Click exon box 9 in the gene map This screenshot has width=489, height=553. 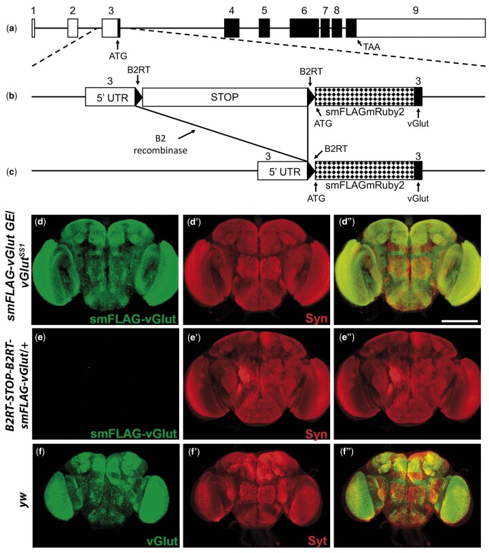421,28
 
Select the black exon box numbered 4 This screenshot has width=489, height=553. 232,28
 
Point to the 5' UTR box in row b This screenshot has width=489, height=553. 110,97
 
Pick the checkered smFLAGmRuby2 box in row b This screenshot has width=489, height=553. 365,97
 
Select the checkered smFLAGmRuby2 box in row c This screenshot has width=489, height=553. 365,171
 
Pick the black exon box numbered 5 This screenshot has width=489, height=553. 264,28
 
